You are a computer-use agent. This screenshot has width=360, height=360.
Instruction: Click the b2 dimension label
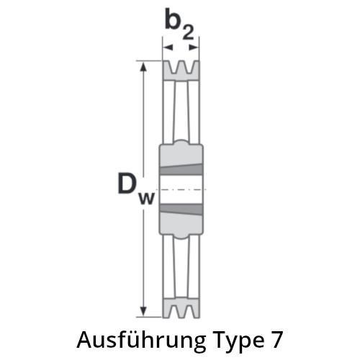[x=179, y=24]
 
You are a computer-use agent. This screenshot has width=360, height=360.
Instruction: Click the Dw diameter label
[x=136, y=189]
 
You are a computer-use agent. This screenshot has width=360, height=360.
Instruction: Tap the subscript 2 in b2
[x=188, y=32]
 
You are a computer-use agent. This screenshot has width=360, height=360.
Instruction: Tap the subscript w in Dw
[x=147, y=198]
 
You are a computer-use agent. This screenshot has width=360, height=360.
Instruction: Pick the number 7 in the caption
[x=276, y=340]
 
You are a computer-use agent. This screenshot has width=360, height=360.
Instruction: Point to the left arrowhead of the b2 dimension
[x=168, y=48]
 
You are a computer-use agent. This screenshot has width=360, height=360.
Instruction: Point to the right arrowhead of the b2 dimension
[x=194, y=48]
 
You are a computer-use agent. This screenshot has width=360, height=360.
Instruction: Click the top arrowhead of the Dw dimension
[x=143, y=66]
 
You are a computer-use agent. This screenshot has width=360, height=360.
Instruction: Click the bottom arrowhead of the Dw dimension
[x=143, y=312]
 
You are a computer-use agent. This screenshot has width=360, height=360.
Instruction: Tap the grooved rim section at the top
[x=181, y=71]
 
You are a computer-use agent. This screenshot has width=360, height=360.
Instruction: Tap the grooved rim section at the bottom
[x=181, y=308]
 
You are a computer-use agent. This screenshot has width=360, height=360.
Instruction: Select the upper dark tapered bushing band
[x=181, y=169]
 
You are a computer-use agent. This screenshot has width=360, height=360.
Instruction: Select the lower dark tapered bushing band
[x=181, y=210]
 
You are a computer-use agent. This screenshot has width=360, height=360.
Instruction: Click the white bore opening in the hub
[x=181, y=189]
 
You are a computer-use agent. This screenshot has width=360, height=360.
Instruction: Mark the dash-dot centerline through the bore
[x=181, y=189]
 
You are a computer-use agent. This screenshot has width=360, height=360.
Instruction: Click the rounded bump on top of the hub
[x=181, y=143]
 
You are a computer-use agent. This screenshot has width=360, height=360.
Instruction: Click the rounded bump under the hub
[x=181, y=236]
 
